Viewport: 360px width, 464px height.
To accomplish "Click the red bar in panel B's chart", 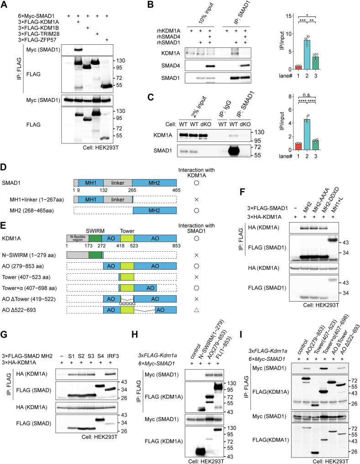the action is point(298,67).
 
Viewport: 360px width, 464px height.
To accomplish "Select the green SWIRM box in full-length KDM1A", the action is point(95,238).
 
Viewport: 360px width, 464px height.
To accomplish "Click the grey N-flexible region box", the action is point(77,238).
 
